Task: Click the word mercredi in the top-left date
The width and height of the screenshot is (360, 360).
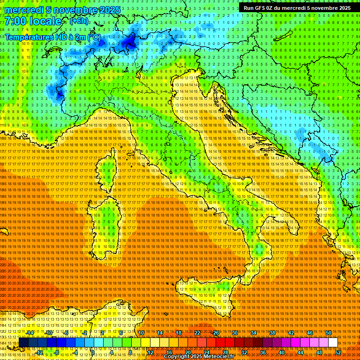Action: (x=23, y=9)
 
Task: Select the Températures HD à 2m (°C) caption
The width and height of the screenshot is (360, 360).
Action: (x=52, y=37)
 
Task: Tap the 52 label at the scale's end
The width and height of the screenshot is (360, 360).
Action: (x=338, y=352)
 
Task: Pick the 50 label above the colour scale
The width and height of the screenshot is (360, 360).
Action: (x=329, y=333)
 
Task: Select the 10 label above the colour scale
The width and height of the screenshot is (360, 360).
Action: (x=141, y=333)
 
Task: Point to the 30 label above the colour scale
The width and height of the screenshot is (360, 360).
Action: (x=234, y=333)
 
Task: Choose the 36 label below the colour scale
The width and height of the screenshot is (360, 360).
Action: (x=262, y=352)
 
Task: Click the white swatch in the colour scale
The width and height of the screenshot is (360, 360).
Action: (x=333, y=343)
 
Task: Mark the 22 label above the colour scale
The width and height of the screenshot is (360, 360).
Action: (x=197, y=333)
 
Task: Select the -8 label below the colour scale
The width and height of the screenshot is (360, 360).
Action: (x=56, y=352)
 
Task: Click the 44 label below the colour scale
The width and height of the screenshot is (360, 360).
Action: (x=300, y=352)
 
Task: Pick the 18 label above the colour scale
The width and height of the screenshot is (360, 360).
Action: (x=178, y=333)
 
